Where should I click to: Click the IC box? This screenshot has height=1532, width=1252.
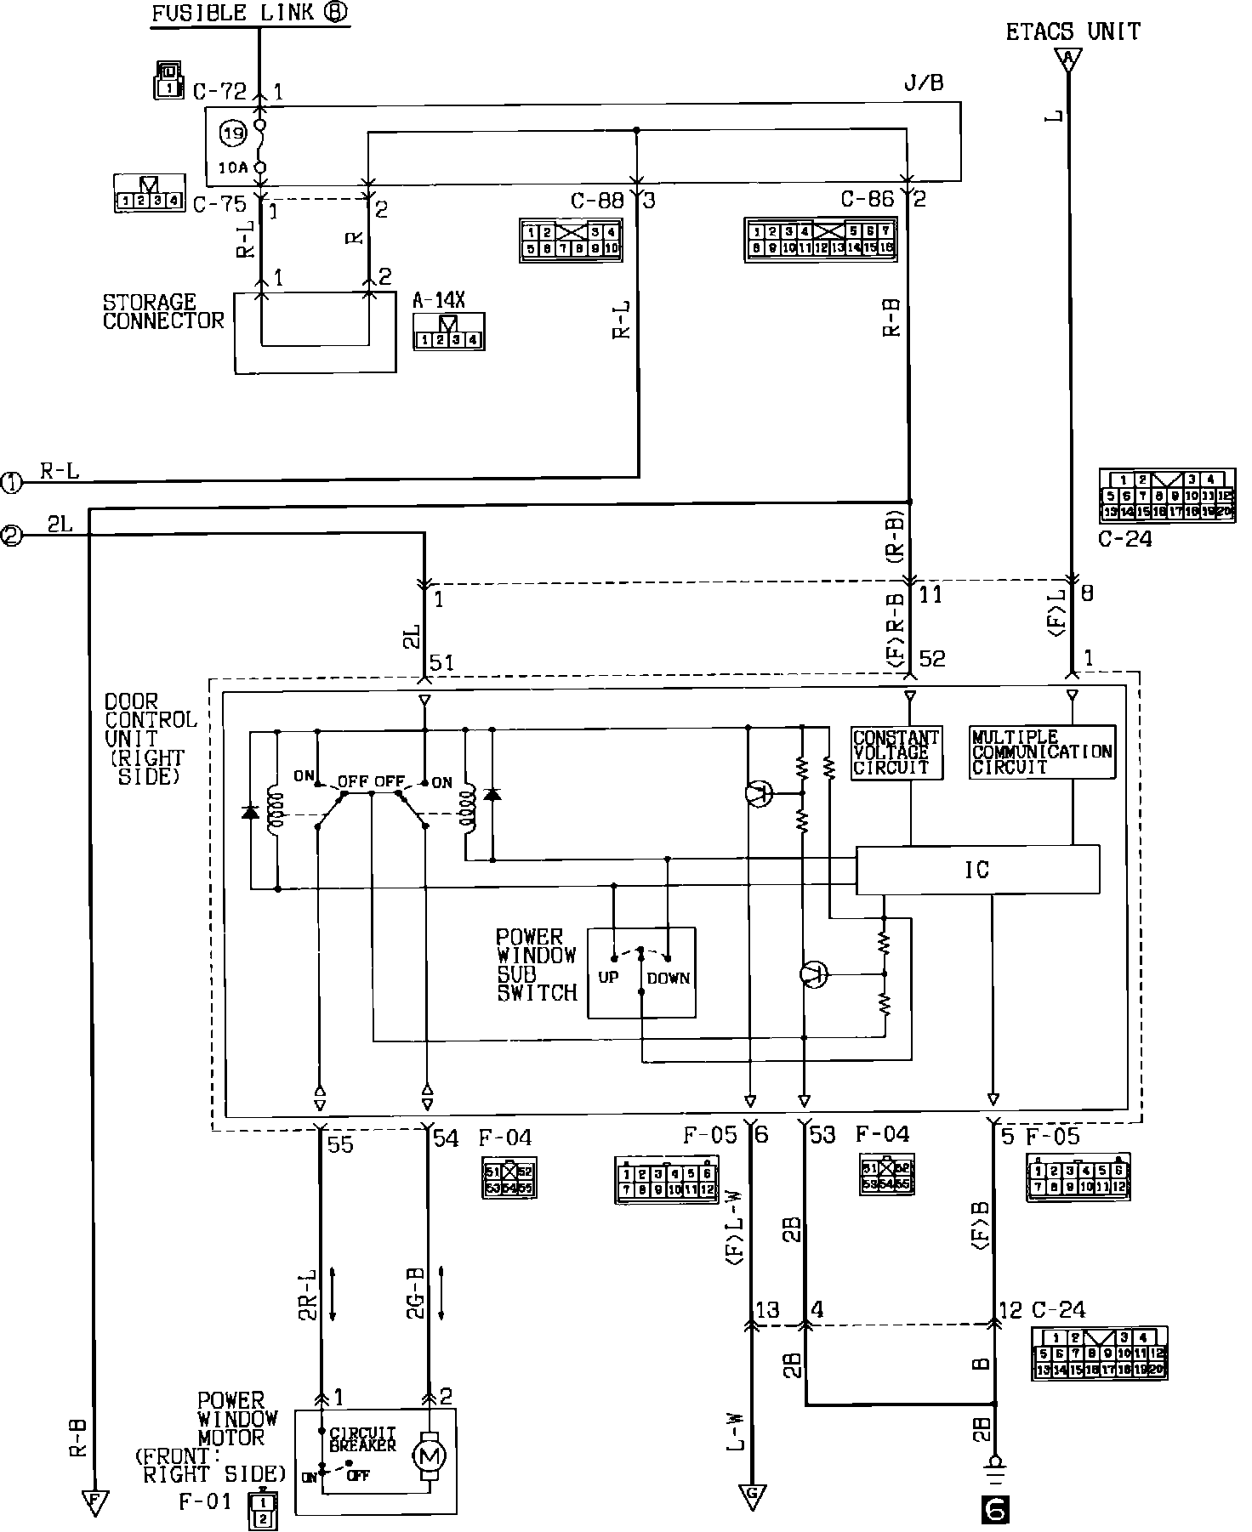(x=976, y=870)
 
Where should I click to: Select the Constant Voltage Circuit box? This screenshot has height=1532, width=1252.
(x=896, y=752)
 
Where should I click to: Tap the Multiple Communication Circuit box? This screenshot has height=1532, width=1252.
(x=1042, y=752)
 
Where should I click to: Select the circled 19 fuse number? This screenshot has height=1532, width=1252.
(x=232, y=133)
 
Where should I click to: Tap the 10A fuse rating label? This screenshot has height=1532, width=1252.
(x=231, y=167)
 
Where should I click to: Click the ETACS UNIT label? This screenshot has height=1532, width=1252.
(x=1073, y=32)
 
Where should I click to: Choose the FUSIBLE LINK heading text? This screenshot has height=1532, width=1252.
(x=251, y=14)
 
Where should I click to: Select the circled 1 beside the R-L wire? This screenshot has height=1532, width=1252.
(x=12, y=483)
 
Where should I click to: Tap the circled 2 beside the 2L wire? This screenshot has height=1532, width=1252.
(x=12, y=536)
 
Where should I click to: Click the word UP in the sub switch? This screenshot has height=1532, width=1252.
(x=608, y=978)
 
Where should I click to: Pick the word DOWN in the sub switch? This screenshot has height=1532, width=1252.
(x=668, y=978)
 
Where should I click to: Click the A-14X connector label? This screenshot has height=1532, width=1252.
(x=439, y=300)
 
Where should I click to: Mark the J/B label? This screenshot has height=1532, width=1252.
(x=923, y=83)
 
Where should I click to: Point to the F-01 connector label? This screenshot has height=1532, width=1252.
(x=204, y=1501)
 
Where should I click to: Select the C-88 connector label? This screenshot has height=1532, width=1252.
(x=596, y=201)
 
